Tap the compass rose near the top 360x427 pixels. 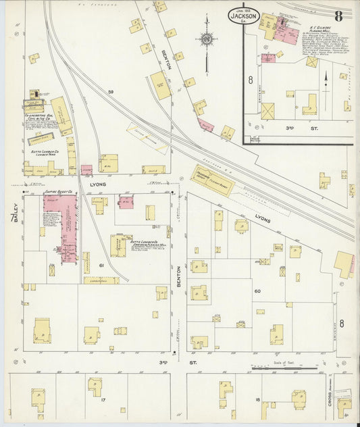coord(207,40)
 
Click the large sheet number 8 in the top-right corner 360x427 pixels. coord(338,14)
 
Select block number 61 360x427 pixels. coord(101,266)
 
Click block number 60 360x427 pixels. coord(257,291)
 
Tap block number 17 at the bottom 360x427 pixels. coord(103,401)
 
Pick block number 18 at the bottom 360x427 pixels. coord(257,401)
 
